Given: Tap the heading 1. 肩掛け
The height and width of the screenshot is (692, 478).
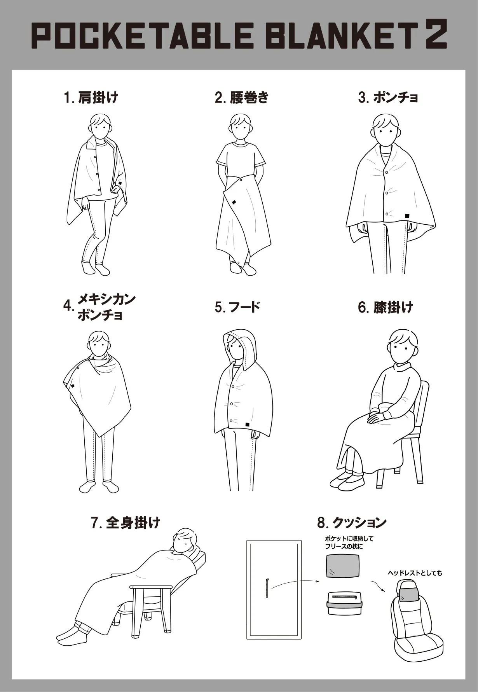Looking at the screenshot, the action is [91, 97].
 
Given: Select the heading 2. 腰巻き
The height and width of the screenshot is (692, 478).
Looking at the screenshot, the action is [242, 97].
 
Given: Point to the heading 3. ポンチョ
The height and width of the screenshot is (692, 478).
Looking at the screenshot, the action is [388, 97].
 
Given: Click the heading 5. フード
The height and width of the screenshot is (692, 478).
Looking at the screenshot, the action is [237, 307].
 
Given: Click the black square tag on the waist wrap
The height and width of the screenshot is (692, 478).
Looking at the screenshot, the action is [234, 202].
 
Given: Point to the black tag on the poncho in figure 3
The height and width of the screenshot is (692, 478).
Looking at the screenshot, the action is [407, 215].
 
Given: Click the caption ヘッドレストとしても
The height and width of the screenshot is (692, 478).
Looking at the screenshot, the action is [415, 573].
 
